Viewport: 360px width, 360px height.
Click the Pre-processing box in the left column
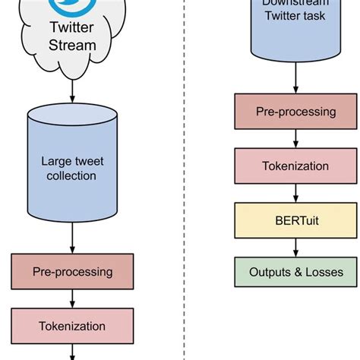coord(72,271)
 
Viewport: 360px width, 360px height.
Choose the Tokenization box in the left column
coord(72,326)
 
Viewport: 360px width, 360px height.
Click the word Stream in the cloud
coord(73,45)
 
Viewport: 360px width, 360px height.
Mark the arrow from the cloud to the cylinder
coord(73,89)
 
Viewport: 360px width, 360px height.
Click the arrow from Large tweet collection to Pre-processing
coord(73,240)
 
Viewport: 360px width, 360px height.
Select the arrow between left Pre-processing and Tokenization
coord(73,298)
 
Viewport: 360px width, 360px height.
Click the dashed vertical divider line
coord(186,182)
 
